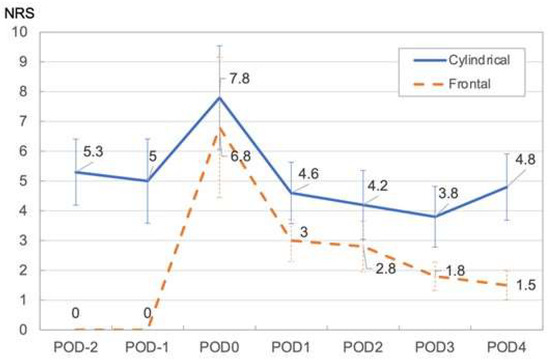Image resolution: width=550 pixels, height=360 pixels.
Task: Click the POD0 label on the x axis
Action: pyautogui.click(x=220, y=347)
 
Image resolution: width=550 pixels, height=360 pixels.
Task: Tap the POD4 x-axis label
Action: pyautogui.click(x=507, y=347)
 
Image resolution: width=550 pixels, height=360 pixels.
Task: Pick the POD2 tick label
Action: pyautogui.click(x=364, y=347)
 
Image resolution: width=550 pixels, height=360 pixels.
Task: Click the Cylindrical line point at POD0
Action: pyautogui.click(x=220, y=97)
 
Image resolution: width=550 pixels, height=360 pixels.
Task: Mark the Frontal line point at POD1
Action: pyautogui.click(x=292, y=240)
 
